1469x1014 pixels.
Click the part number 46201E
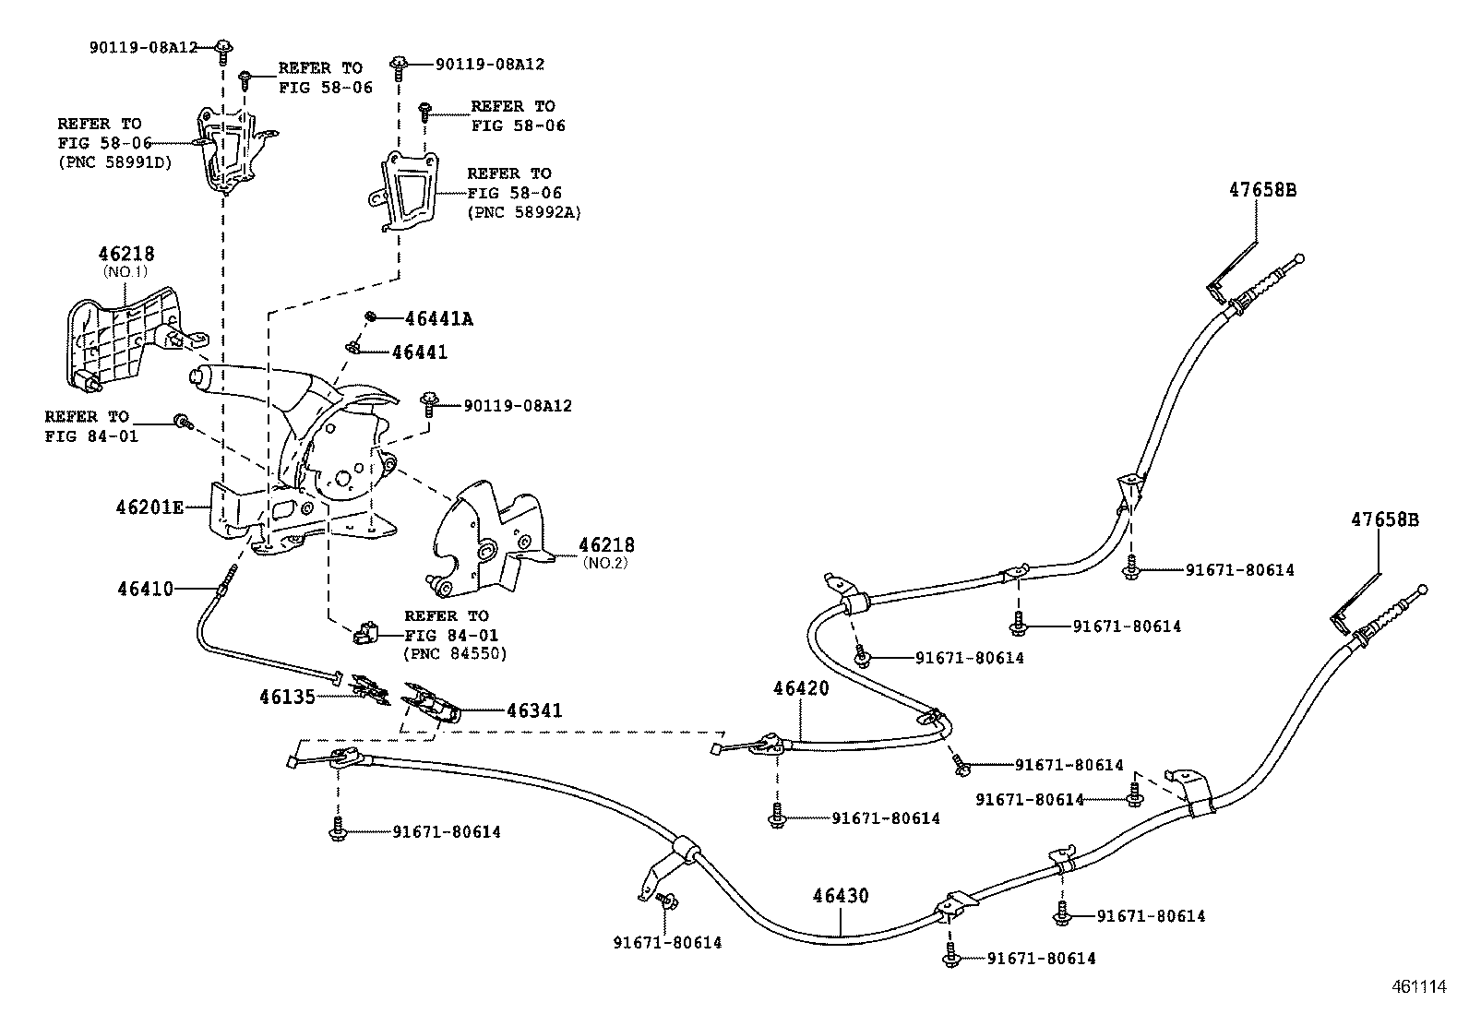tap(150, 507)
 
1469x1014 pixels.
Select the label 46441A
tap(438, 319)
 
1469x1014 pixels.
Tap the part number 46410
tap(145, 588)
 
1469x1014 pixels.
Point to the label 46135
tap(286, 697)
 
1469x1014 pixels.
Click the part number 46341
tap(534, 710)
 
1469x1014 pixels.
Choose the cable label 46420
tap(801, 688)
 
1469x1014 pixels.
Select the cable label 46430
tap(841, 895)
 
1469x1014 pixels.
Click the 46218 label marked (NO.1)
tap(126, 254)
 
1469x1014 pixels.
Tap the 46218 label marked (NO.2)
tap(606, 545)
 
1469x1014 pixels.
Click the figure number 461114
tap(1418, 986)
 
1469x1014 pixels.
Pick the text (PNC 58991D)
tap(114, 163)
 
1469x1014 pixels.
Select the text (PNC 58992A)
tap(524, 212)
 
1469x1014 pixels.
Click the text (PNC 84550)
tap(455, 654)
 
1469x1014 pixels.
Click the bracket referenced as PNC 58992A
tap(407, 190)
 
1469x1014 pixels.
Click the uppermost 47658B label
tap(1262, 190)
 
